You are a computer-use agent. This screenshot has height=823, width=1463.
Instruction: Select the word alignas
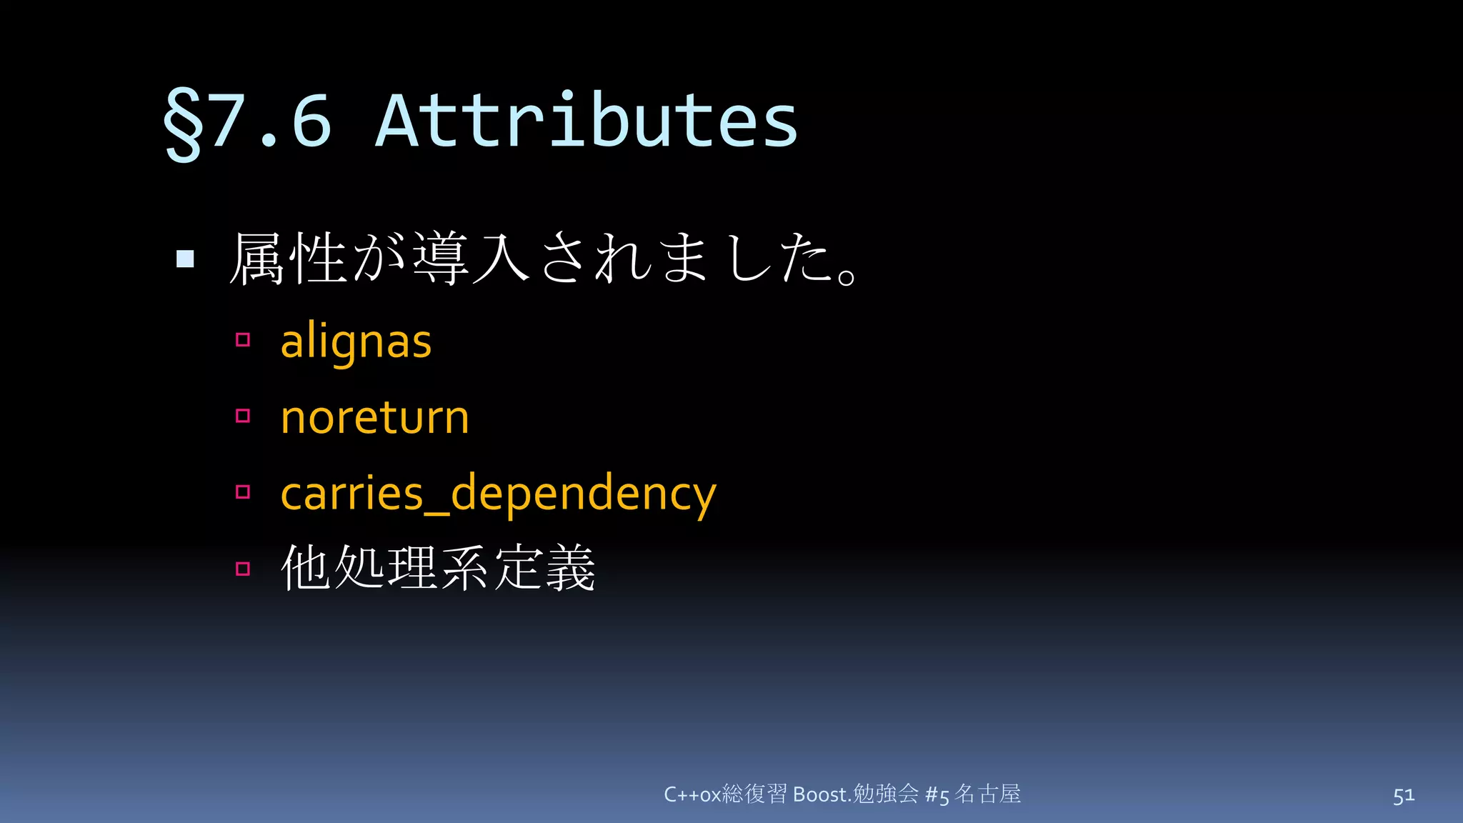coord(356,342)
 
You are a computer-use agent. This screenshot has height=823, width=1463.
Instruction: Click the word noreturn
coord(375,417)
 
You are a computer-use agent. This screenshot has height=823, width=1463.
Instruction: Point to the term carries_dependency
coord(498,494)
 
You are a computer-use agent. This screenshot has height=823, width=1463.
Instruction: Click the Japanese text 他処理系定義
coord(438,569)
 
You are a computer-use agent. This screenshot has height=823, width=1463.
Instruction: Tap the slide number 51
coord(1403,795)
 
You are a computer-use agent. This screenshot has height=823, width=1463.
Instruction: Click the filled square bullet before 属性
coord(185,259)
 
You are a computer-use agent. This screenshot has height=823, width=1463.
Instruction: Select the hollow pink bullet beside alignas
coord(243,340)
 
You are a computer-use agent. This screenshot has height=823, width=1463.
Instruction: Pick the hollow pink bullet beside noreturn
coord(243,416)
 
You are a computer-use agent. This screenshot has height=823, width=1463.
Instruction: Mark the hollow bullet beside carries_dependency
coord(243,492)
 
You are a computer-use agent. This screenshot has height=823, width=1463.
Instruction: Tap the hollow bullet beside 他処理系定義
coord(243,569)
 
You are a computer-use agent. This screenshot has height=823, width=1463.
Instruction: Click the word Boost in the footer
coord(820,794)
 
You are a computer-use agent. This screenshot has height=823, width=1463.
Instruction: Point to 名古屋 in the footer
coord(988,794)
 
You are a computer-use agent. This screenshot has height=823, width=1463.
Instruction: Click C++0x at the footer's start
coord(692,794)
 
